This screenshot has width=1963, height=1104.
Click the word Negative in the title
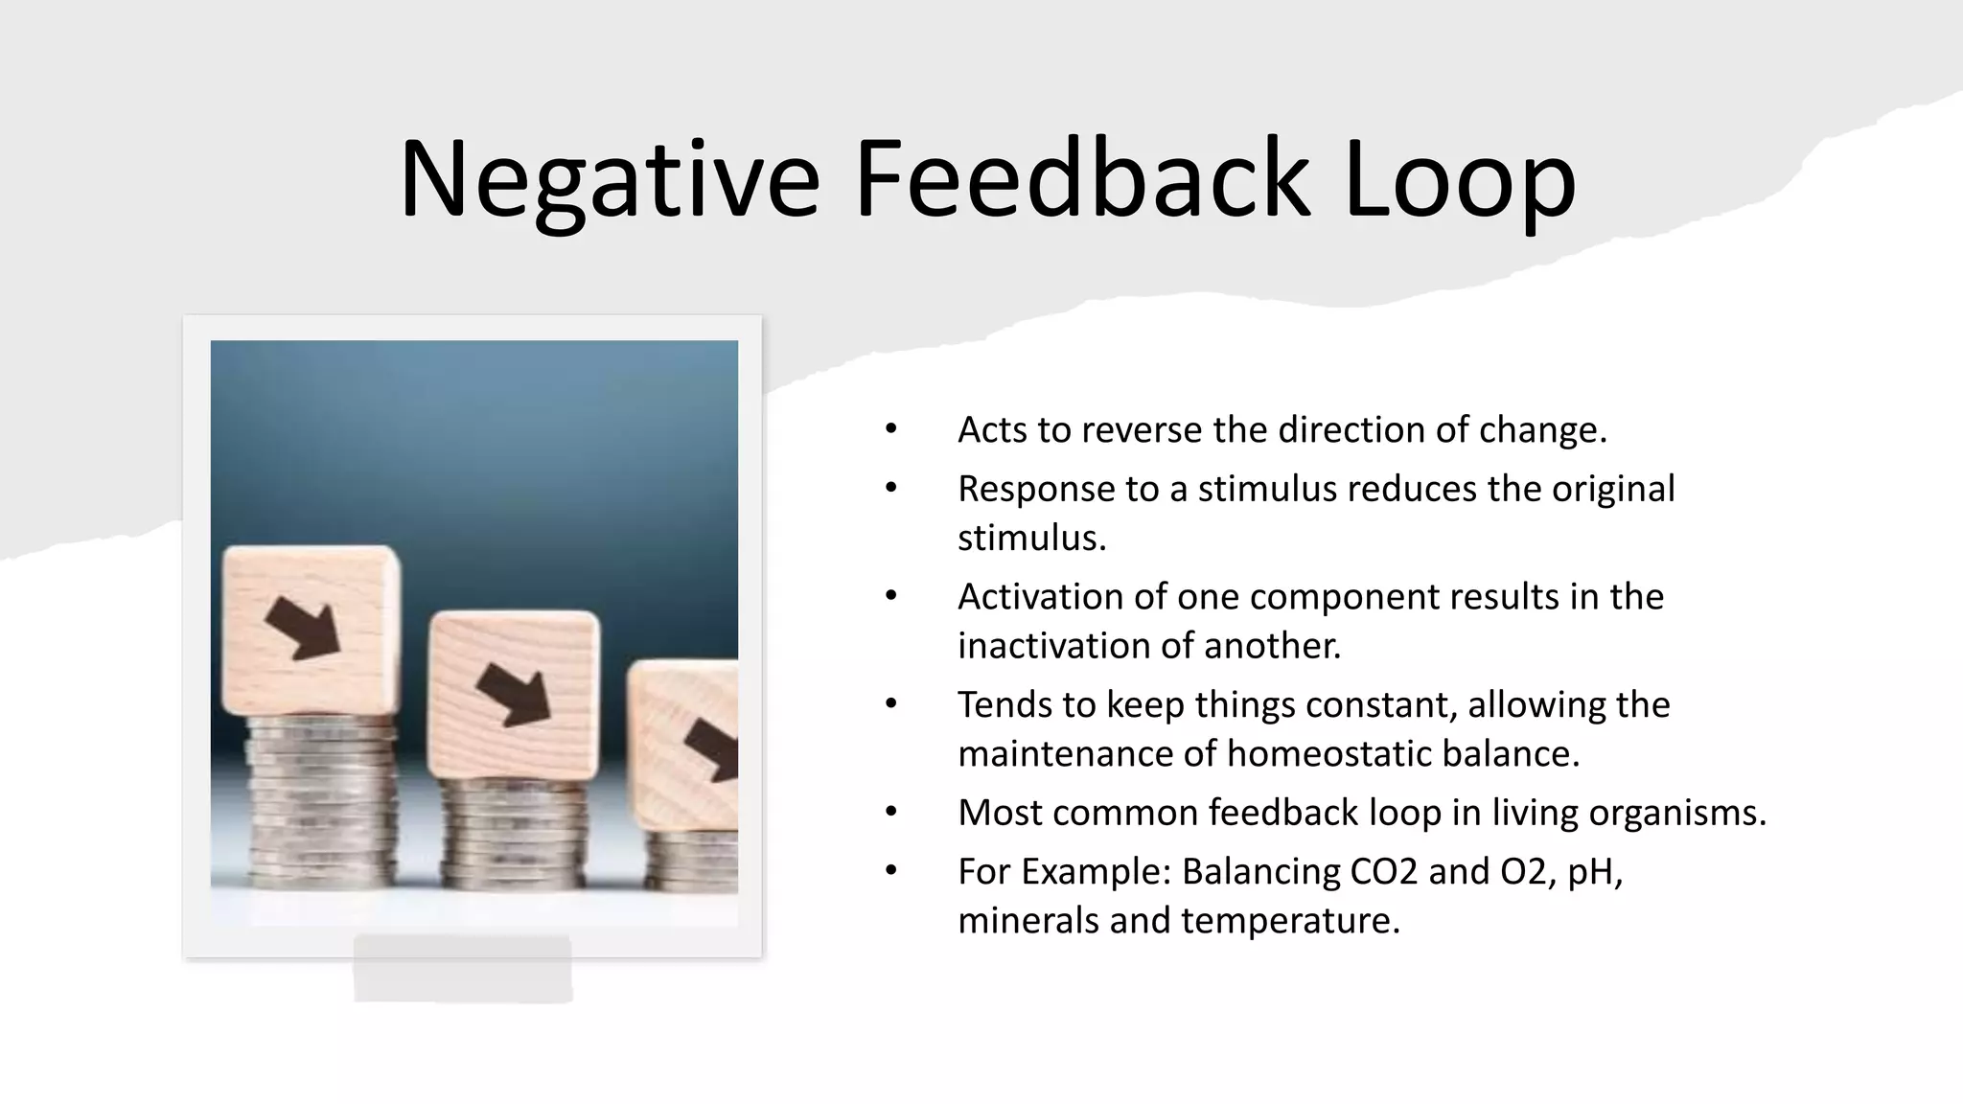tap(610, 180)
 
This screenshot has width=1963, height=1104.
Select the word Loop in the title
tap(1459, 180)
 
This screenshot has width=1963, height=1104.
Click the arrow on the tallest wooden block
tap(303, 629)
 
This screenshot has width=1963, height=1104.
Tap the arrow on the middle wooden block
tap(515, 694)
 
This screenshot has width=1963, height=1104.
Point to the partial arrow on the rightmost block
tap(713, 748)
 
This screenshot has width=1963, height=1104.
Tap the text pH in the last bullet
tap(1592, 872)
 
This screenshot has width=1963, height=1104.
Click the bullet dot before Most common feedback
tap(891, 813)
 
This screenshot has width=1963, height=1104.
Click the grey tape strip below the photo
tap(463, 969)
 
